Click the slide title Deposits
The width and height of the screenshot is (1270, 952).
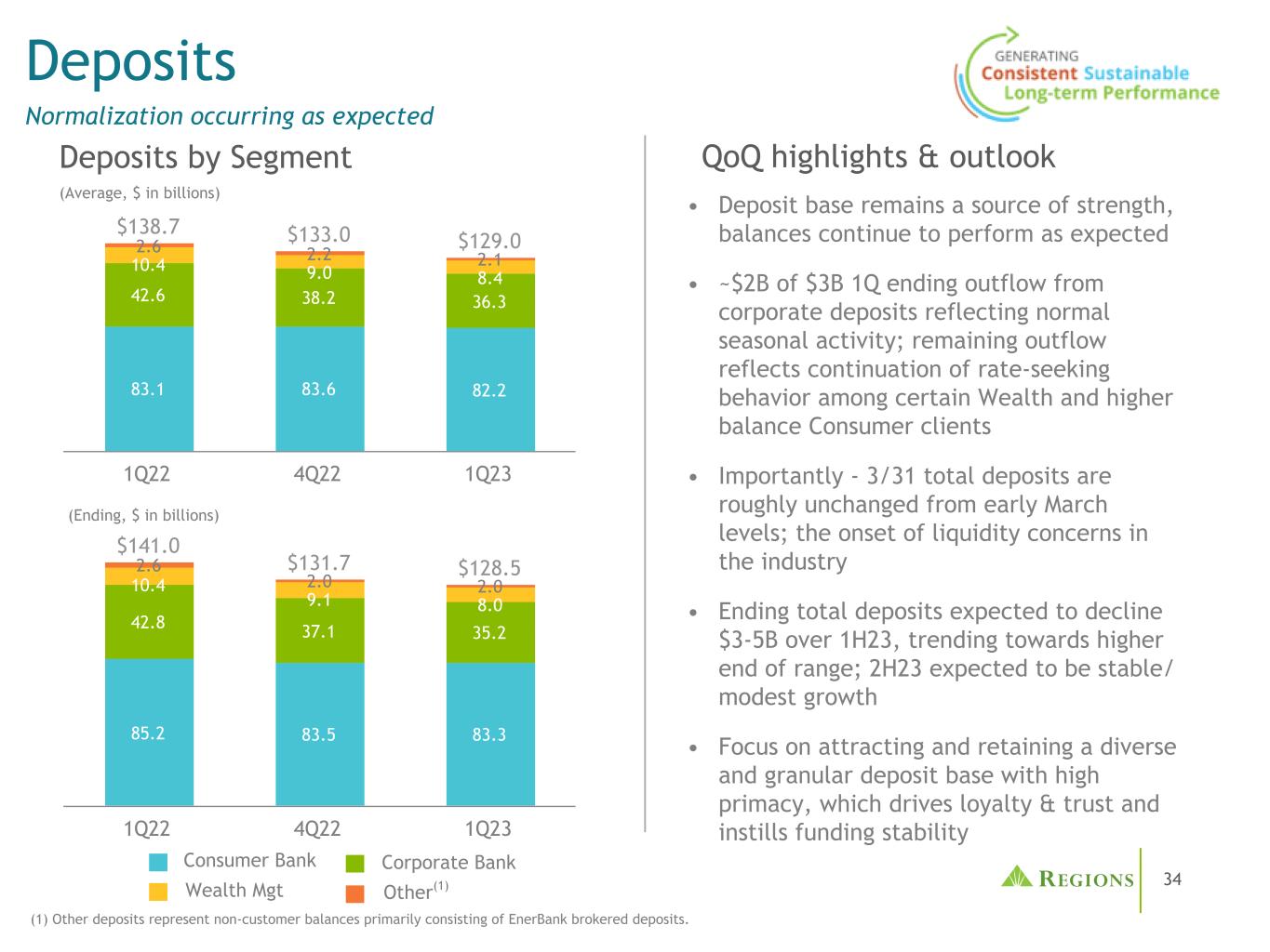130,61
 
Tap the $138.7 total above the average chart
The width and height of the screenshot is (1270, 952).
148,226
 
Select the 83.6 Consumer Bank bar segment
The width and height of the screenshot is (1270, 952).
319,389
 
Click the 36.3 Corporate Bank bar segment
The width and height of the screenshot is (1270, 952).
489,302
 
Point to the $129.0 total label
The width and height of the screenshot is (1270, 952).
489,241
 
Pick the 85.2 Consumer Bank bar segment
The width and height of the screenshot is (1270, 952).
149,733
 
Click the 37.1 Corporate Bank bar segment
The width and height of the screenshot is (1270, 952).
319,631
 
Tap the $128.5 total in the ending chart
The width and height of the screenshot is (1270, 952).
489,568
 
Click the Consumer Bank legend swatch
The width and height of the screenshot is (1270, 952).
158,862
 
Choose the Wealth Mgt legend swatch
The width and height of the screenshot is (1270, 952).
158,892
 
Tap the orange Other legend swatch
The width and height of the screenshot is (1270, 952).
355,893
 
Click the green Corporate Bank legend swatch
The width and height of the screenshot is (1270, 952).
355,864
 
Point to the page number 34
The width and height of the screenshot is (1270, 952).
1172,879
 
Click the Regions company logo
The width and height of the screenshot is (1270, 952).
1067,879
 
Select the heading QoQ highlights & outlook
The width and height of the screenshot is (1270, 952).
878,157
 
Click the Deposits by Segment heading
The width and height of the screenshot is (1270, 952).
206,157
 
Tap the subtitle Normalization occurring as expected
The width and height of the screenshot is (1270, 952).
230,116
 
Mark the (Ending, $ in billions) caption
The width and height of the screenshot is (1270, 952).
143,515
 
